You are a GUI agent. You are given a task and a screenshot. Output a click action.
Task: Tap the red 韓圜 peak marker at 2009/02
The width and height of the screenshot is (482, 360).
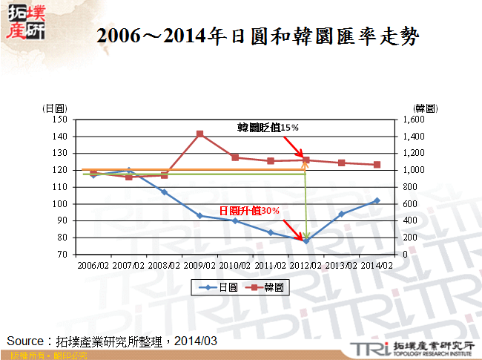200,134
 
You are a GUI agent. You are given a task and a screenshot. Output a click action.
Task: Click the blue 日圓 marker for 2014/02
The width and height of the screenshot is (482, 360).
377,200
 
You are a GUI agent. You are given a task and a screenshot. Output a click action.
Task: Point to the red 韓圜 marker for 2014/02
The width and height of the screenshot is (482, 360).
377,165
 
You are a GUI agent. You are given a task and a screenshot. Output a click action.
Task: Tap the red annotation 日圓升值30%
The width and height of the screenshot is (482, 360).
250,211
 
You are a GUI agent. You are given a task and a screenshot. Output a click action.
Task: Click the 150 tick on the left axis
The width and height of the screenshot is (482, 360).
61,120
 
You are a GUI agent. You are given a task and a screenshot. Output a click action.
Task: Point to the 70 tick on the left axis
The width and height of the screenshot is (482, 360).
63,255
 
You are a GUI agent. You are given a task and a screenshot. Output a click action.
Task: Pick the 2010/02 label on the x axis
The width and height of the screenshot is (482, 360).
235,263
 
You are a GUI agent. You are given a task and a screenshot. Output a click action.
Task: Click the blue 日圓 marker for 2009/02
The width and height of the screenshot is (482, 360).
200,216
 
